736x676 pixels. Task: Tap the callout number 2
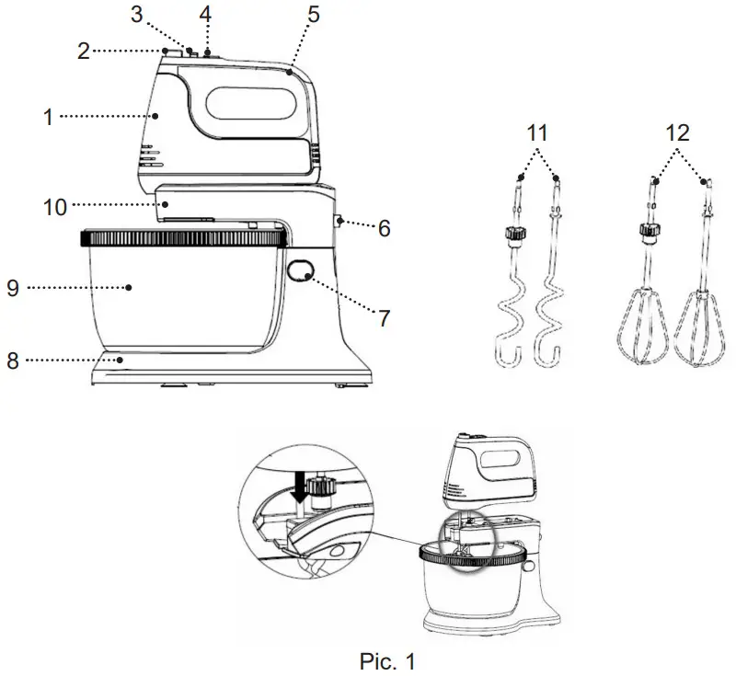84,52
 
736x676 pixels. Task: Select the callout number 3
137,16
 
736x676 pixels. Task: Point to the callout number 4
206,16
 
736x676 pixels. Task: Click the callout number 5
314,16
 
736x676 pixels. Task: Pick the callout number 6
383,227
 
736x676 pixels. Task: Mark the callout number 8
13,360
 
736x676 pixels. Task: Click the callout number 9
13,287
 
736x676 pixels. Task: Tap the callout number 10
55,207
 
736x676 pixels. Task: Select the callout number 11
539,133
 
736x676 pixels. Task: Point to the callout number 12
678,133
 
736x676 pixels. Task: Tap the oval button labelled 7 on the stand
301,269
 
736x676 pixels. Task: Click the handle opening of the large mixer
247,102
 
